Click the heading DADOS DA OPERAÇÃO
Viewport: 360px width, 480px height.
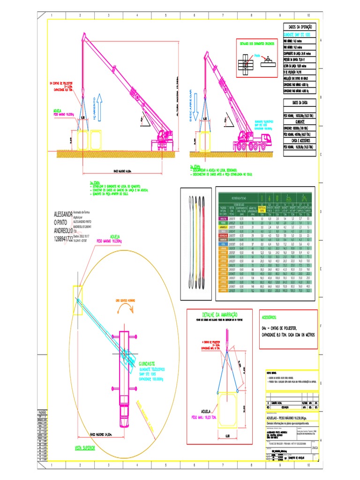(x=300, y=28)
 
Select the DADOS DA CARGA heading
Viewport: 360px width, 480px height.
(x=300, y=102)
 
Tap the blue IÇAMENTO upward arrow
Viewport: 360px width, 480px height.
(x=94, y=107)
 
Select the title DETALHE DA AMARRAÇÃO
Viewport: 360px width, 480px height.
(x=219, y=314)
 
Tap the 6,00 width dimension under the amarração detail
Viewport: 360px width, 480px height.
(x=227, y=436)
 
